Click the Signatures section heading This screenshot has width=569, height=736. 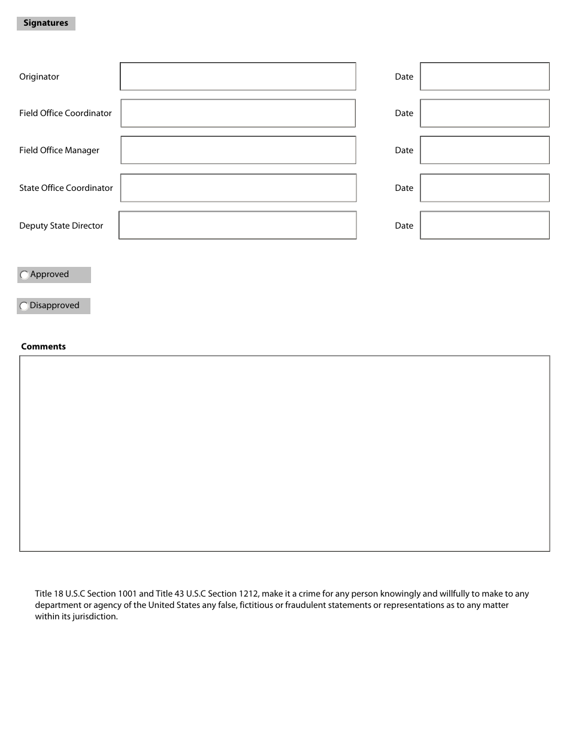[x=46, y=23]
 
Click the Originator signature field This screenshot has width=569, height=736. [x=238, y=77]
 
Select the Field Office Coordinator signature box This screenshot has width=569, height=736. [x=238, y=113]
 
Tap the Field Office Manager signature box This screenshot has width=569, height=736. [x=238, y=150]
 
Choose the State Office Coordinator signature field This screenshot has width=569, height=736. [x=238, y=188]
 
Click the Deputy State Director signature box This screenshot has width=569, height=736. [x=238, y=226]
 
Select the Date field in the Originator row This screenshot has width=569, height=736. [x=485, y=77]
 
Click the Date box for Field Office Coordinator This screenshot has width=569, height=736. [x=485, y=113]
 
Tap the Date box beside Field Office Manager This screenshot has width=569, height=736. [x=485, y=150]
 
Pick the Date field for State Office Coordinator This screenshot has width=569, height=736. [x=485, y=188]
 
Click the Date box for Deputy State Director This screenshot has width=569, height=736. [x=485, y=226]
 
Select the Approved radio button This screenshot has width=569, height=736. [x=25, y=275]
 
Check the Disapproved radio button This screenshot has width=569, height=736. [x=24, y=306]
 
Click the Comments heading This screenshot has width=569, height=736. [x=43, y=346]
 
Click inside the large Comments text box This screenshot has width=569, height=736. [x=284, y=453]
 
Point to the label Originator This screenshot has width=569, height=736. [x=39, y=77]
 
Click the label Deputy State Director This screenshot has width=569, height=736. [x=61, y=226]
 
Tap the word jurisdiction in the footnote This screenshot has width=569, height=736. [x=95, y=617]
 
